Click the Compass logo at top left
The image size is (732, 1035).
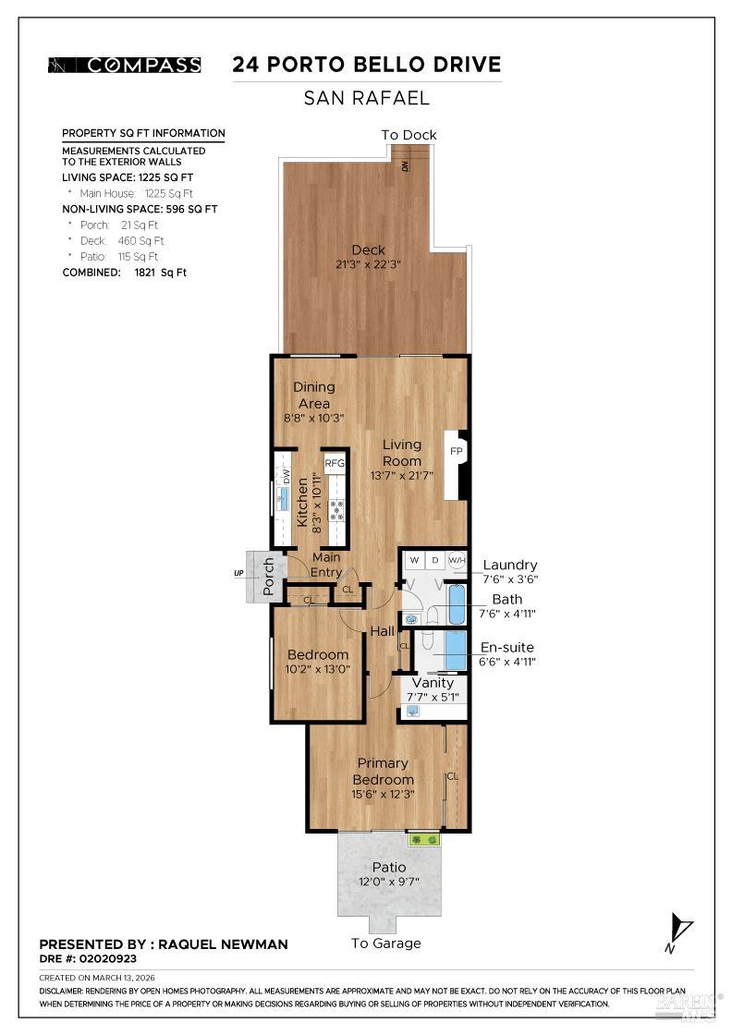tap(124, 65)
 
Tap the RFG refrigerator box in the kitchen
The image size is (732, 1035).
tap(335, 463)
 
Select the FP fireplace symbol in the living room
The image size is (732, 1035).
tap(456, 452)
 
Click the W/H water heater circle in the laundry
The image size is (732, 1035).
tap(457, 560)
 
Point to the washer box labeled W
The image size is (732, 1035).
tap(415, 560)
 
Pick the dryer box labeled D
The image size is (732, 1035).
tap(435, 560)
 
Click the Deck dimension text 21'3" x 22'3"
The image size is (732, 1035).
tap(368, 265)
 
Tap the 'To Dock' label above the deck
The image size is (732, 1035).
tap(409, 135)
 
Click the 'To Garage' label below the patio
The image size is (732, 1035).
tap(385, 944)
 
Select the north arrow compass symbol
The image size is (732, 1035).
tap(682, 930)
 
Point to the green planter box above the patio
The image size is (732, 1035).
tap(424, 839)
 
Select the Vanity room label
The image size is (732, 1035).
tap(432, 683)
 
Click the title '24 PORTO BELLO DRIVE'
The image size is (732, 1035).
tap(366, 65)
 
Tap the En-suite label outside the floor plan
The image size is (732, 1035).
tap(507, 647)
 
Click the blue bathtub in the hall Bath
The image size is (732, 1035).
tap(457, 604)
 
